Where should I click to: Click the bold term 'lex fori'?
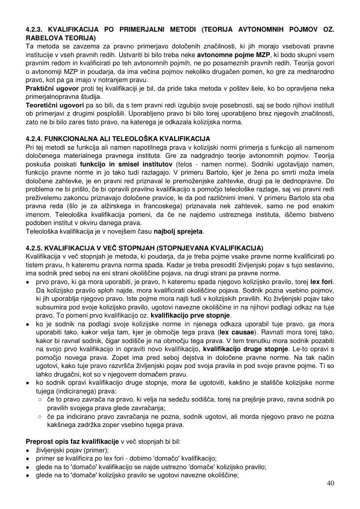322,281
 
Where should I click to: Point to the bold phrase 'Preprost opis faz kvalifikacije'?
72,441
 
